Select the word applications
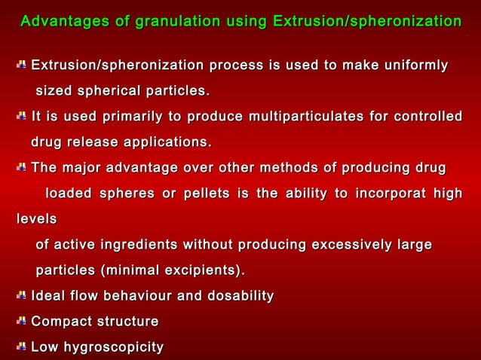coord(168,142)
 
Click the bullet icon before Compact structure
coord(21,322)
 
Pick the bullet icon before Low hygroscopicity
coord(21,347)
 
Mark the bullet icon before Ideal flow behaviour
coord(21,296)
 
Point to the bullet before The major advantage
coord(21,167)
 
